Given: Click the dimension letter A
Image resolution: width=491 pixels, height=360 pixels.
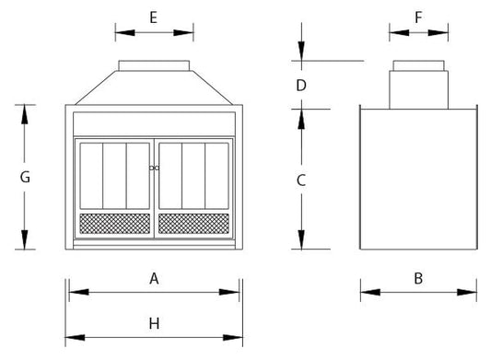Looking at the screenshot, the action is pos(155,278).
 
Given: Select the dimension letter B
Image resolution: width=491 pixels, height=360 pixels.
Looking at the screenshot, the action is pos(417,278).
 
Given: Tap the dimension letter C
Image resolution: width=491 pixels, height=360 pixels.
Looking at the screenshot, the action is pos(300,180).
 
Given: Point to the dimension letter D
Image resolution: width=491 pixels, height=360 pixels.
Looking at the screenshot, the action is pos(300,86).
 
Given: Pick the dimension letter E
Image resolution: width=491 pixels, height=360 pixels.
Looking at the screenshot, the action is pos(154,17).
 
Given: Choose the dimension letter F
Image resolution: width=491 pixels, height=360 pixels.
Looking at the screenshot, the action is pos(418,17).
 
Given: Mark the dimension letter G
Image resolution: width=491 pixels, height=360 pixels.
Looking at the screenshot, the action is pos(25,177).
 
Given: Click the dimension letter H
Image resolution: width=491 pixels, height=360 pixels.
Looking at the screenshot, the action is pos(155,323).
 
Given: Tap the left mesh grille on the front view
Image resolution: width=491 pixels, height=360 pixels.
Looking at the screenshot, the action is pos(115,223).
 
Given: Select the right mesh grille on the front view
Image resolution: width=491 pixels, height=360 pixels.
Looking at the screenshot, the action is pos(193,223).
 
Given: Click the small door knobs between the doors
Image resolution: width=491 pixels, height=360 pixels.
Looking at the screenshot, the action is pos(154,168).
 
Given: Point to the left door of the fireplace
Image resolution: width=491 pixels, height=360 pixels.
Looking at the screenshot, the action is pos(113,176).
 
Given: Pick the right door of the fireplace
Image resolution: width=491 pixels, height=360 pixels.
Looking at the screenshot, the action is pos(194,176).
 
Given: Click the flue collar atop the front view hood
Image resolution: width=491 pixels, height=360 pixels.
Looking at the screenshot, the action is pos(155,65).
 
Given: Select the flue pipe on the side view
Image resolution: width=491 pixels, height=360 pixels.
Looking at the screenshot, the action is pos(418,85).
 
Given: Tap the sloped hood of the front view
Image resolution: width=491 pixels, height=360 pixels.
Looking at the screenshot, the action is pos(155,87).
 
